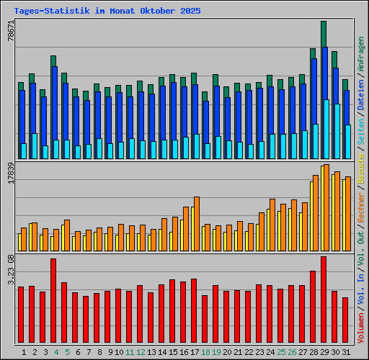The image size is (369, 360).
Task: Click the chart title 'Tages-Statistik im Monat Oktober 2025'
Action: coord(107,12)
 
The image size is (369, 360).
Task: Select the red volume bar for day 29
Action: coord(324,300)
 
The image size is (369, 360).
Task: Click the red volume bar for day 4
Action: coord(53,300)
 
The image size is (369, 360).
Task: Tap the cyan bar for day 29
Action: coord(326,129)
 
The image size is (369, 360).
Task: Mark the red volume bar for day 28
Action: coord(313,307)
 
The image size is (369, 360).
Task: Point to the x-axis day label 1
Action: coord(25,352)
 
